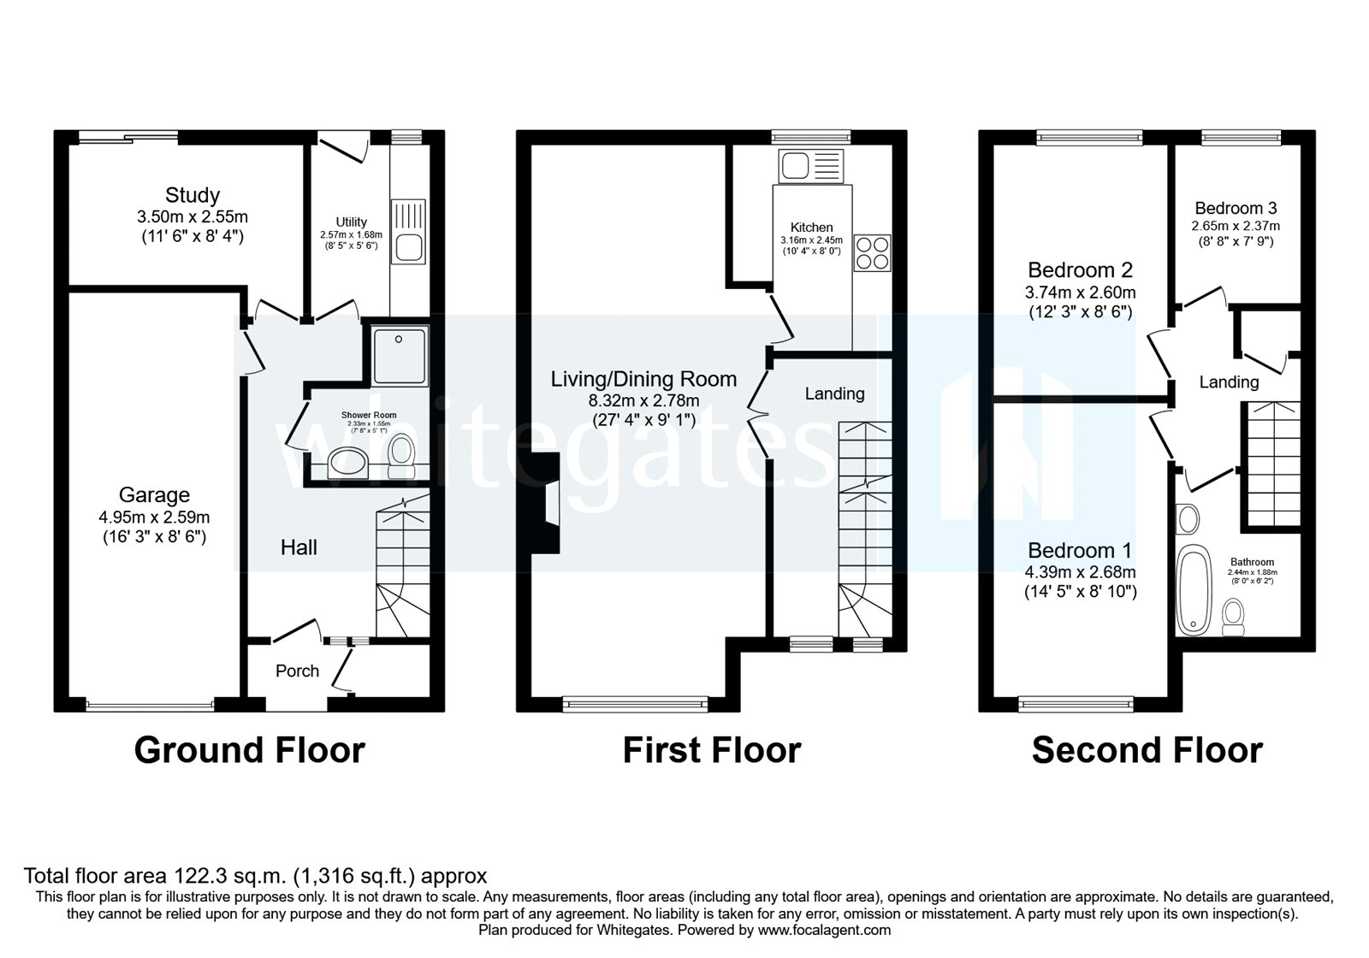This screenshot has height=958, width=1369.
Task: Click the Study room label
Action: pyautogui.click(x=193, y=195)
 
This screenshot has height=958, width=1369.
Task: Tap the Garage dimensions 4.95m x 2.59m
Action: pyautogui.click(x=154, y=517)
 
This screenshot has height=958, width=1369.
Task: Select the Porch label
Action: pyautogui.click(x=297, y=671)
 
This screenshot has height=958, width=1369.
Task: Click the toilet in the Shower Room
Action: pyautogui.click(x=400, y=455)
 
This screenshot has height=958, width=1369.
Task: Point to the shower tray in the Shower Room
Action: pyautogui.click(x=399, y=352)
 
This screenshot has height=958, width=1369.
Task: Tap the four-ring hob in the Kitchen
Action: pyautogui.click(x=872, y=253)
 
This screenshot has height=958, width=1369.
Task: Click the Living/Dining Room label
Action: pyautogui.click(x=643, y=379)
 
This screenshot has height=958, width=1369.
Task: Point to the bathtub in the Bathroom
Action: pyautogui.click(x=1190, y=589)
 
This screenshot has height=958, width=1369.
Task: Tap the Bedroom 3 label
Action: pyautogui.click(x=1236, y=208)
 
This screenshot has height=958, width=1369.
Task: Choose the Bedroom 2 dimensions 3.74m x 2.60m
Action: pyautogui.click(x=1080, y=292)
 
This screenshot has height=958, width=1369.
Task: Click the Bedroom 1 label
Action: pyautogui.click(x=1080, y=550)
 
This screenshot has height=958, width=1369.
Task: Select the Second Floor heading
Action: pyautogui.click(x=1147, y=750)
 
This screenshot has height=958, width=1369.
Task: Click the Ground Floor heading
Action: pyautogui.click(x=249, y=750)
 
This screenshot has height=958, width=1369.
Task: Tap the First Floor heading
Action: pyautogui.click(x=711, y=750)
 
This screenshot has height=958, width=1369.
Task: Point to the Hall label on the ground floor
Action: pyautogui.click(x=299, y=547)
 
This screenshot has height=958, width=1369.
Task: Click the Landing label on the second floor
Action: pyautogui.click(x=1229, y=382)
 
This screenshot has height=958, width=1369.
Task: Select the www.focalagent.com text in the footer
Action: pyautogui.click(x=824, y=930)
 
